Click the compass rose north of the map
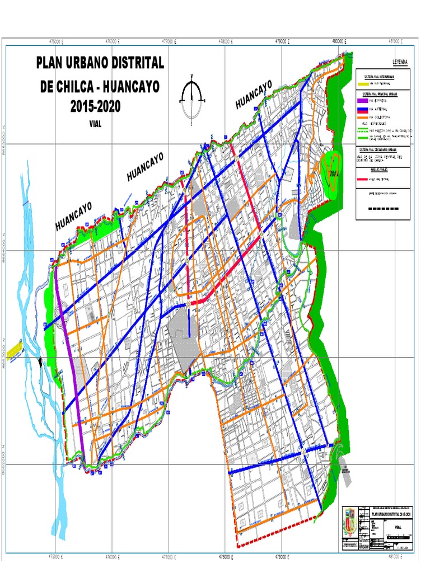(192, 98)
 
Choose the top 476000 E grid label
(112, 41)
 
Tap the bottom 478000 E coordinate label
(226, 557)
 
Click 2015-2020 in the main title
(95, 106)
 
